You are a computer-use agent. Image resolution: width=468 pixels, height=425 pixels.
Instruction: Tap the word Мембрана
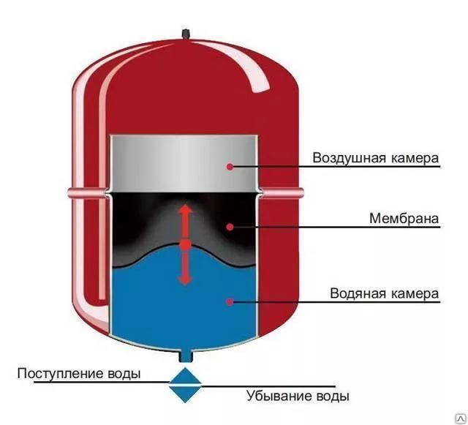click(404, 218)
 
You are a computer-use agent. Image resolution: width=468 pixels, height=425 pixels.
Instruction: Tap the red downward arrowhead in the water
click(185, 280)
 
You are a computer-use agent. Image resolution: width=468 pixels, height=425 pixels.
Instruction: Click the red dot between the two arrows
click(185, 245)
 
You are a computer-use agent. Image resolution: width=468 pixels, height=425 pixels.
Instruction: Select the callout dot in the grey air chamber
click(230, 167)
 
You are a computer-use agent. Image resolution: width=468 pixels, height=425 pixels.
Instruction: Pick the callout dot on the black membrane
click(230, 227)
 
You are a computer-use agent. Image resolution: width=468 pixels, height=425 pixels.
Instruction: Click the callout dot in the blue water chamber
click(230, 301)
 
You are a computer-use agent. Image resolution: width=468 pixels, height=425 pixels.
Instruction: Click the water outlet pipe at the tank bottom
click(185, 356)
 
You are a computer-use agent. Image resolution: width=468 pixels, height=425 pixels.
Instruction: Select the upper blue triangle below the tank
click(185, 377)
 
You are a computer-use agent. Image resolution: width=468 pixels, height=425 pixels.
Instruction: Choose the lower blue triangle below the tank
click(185, 393)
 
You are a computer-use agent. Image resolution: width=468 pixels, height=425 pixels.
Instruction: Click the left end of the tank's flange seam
click(68, 193)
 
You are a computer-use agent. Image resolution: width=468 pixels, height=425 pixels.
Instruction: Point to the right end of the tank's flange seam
click(302, 192)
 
